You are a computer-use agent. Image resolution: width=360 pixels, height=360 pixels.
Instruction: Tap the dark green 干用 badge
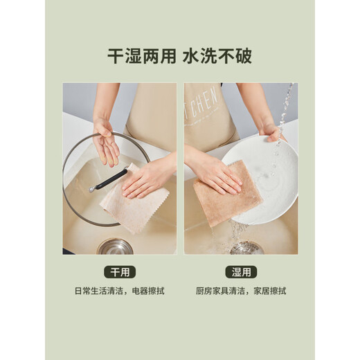click(x=119, y=271)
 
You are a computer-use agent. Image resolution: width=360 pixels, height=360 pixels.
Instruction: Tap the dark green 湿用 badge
click(x=240, y=271)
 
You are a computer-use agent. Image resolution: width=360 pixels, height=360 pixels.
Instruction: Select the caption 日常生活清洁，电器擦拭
click(x=119, y=291)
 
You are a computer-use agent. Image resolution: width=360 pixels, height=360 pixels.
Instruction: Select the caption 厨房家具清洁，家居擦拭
click(x=240, y=291)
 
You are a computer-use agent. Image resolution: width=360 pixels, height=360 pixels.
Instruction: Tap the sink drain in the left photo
click(x=115, y=246)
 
